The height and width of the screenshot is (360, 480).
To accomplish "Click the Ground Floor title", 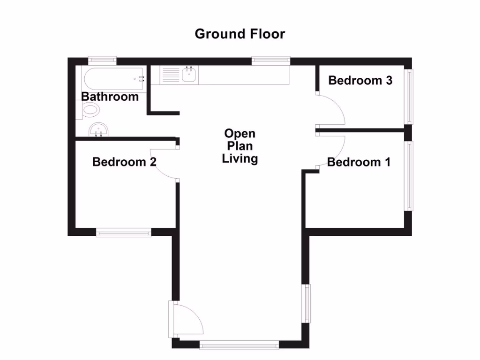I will [240, 34].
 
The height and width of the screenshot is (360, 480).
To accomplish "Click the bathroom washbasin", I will [98, 129].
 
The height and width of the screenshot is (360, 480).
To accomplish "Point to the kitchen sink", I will [190, 75].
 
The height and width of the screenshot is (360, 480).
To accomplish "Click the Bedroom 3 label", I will [360, 80].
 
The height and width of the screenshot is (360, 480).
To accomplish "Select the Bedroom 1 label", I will [359, 162].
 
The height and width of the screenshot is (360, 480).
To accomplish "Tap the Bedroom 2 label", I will [124, 162].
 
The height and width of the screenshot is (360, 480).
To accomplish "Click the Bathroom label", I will [110, 97].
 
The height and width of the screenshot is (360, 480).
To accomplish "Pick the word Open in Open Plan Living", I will [240, 134].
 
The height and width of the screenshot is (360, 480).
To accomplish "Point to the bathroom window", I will [103, 60].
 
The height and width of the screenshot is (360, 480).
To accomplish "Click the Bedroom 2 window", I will [124, 232].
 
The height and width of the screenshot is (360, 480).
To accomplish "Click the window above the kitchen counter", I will [270, 60].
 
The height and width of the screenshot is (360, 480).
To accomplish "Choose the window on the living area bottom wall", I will [239, 345].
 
